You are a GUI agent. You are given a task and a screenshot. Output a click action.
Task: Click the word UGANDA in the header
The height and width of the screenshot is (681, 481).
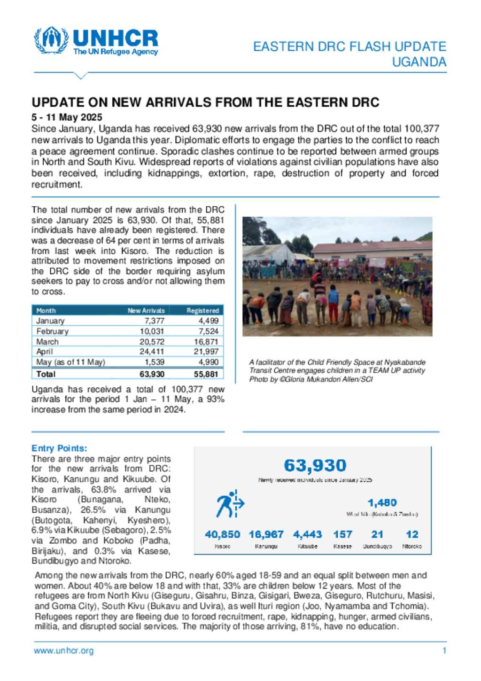(419, 62)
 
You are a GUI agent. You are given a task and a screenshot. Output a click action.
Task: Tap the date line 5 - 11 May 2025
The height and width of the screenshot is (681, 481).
(67, 117)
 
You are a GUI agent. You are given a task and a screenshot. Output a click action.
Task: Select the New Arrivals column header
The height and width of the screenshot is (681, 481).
(146, 311)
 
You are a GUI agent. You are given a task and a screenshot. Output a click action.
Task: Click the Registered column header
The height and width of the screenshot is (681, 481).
(202, 311)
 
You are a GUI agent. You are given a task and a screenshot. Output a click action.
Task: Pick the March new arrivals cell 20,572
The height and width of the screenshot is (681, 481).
(152, 342)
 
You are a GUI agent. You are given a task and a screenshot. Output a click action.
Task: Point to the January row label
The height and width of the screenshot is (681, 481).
(50, 321)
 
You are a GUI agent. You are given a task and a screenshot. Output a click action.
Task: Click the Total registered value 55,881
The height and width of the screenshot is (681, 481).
(206, 374)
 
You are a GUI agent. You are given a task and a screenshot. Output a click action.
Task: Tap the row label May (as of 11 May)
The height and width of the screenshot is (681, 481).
(70, 362)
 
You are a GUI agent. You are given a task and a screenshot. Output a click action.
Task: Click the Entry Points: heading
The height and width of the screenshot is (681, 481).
(59, 448)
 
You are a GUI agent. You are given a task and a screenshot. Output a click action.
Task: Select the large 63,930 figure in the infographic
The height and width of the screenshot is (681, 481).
(315, 466)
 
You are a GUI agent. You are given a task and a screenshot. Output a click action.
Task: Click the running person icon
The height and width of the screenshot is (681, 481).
(230, 504)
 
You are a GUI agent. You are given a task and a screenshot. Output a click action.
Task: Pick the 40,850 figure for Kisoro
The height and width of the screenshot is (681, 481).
(222, 534)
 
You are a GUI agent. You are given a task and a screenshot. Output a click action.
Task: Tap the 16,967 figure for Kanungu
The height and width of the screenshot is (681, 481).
(266, 534)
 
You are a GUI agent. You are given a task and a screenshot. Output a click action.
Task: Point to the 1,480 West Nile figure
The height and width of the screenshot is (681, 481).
(382, 503)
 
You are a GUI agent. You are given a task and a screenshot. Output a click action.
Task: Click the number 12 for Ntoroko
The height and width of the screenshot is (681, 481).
(412, 534)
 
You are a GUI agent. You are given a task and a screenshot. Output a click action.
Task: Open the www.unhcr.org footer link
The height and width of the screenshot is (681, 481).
(63, 651)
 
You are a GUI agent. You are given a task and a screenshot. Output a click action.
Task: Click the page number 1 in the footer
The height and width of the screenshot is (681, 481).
(444, 651)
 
